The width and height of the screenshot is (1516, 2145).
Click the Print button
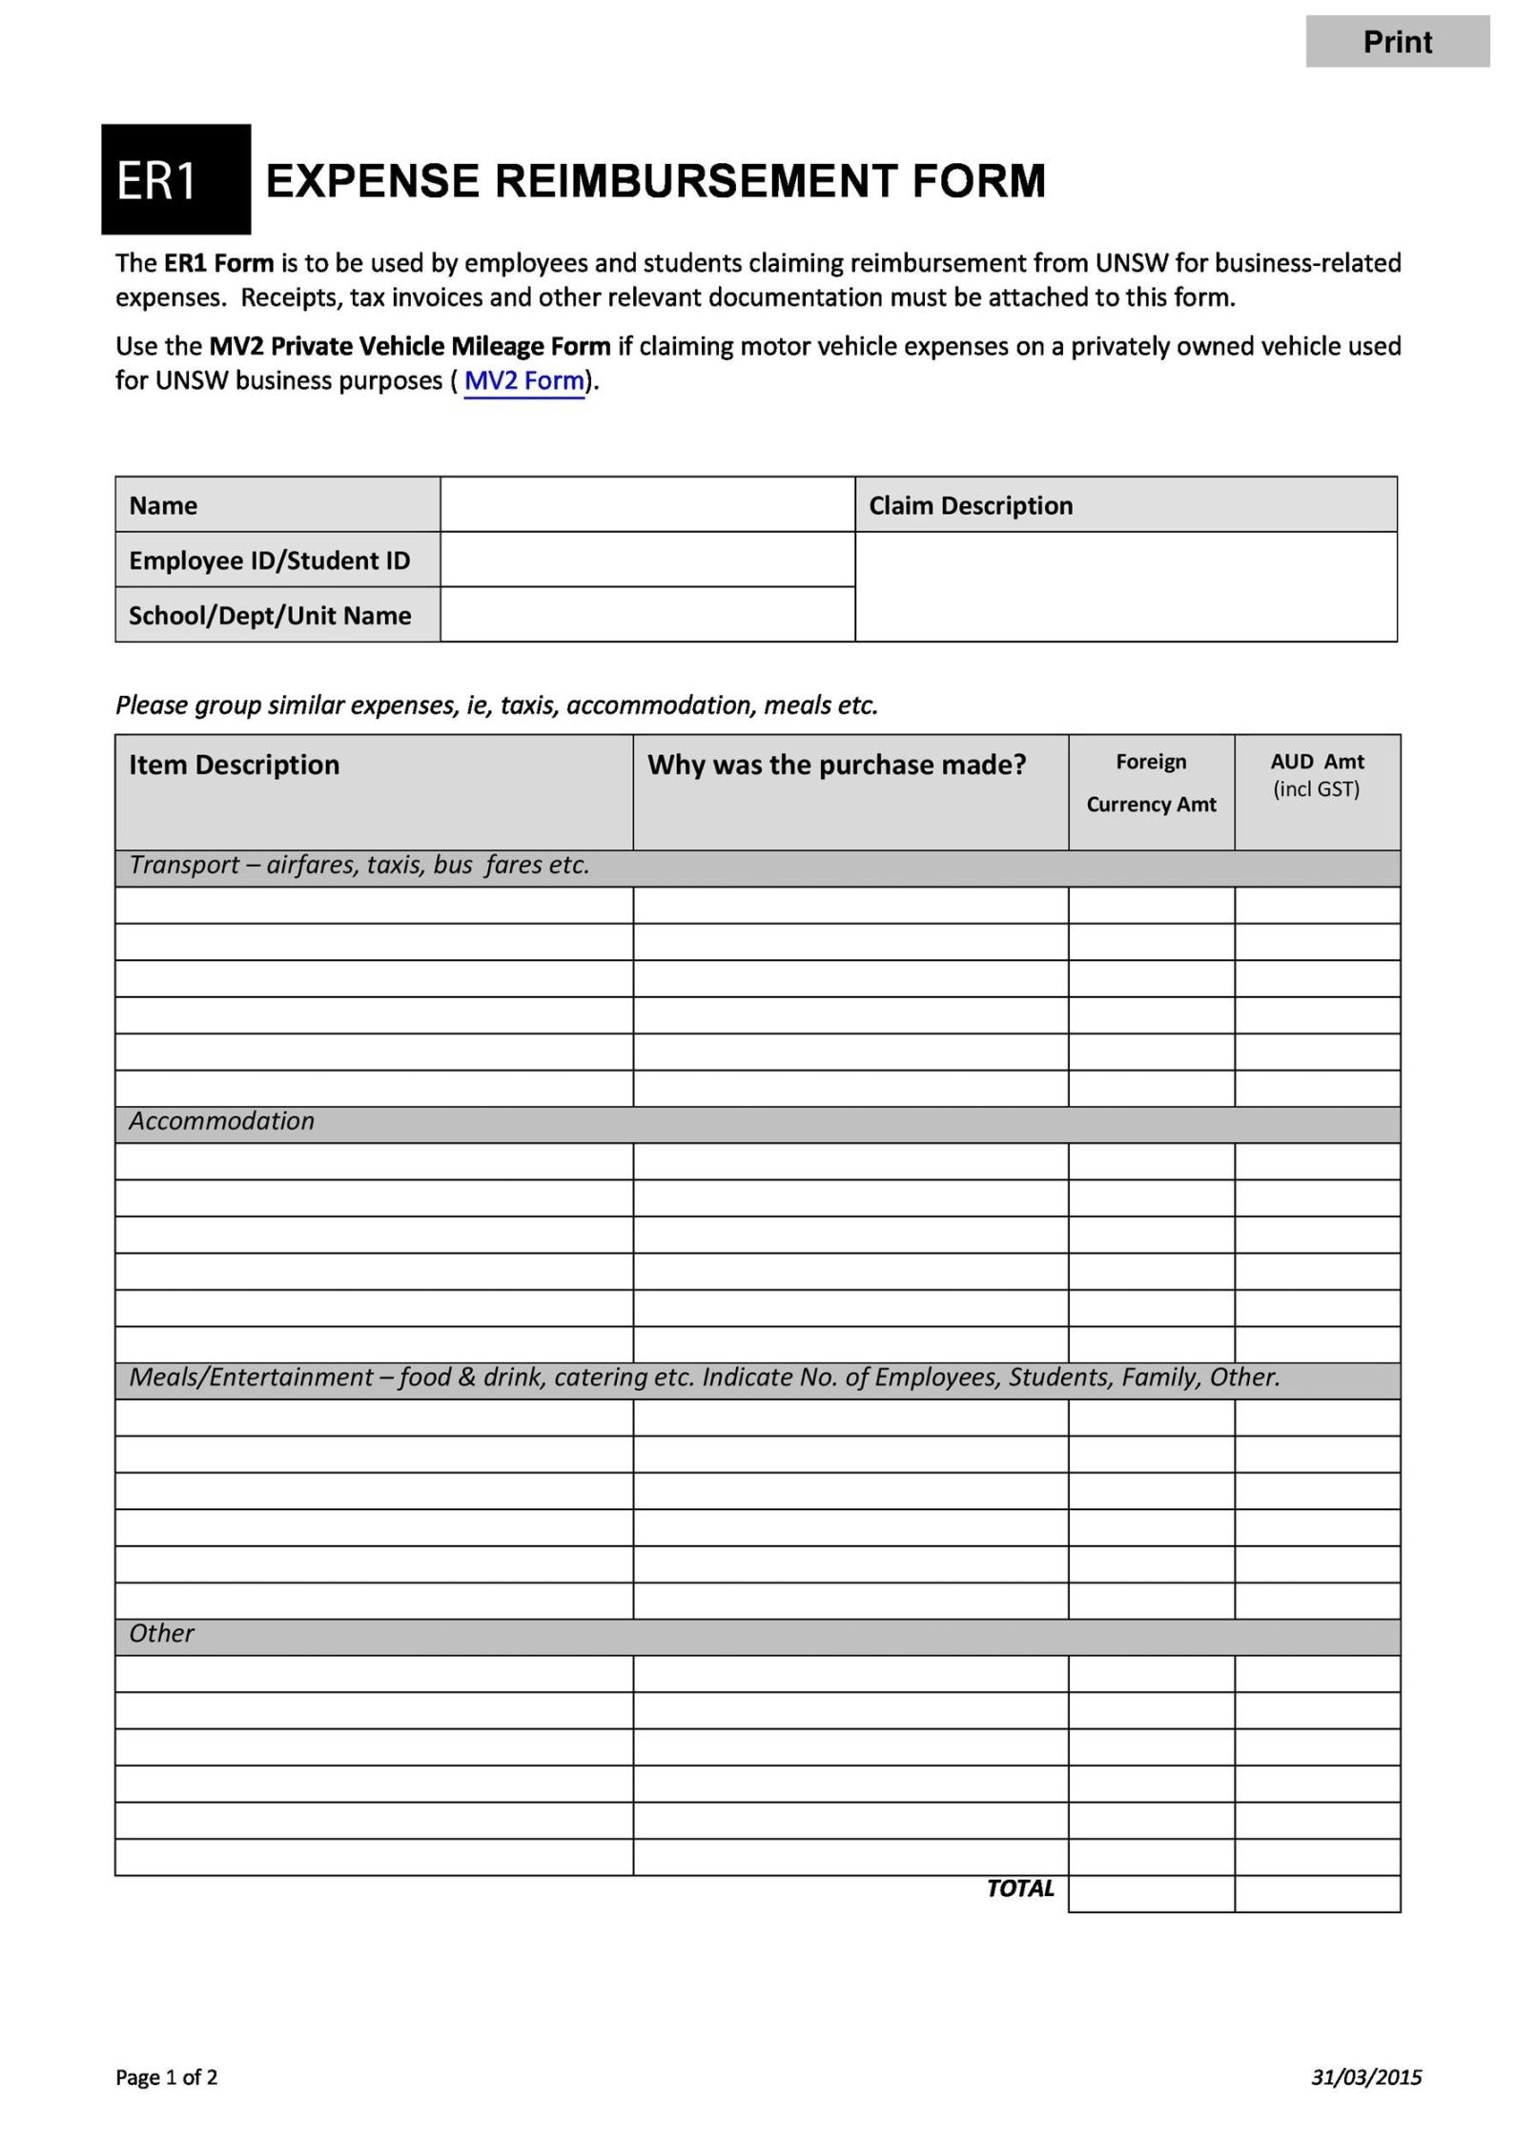1397,42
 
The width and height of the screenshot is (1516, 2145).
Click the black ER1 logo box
175,179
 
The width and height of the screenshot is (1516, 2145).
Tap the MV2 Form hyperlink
523,381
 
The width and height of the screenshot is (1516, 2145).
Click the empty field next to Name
646,504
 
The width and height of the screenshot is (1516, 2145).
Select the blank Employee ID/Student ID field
646,560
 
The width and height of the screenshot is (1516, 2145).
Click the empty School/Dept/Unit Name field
646,615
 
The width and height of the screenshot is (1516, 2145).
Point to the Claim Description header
971,505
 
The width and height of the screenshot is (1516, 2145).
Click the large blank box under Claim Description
1125,586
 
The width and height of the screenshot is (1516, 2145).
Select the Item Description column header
235,765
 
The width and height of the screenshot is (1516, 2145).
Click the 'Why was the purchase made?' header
836,765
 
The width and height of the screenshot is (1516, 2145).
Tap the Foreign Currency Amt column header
1151,783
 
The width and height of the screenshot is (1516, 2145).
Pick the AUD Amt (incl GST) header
1317,775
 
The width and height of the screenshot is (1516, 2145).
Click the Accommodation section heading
221,1121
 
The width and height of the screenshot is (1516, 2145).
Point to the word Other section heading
161,1634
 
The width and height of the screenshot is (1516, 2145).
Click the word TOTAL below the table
1020,1889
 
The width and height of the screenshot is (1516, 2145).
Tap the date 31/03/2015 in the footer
1365,2077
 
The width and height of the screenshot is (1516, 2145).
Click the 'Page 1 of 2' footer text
167,2077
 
